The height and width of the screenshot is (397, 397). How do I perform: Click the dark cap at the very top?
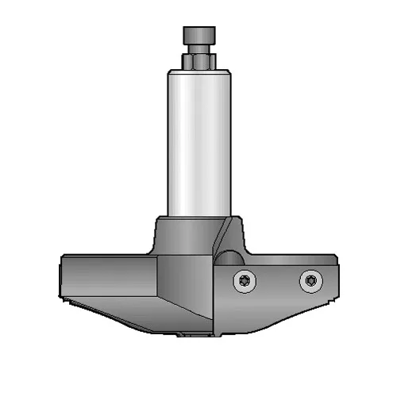[x=198, y=36]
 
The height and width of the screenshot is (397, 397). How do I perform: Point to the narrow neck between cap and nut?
[x=198, y=50]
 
